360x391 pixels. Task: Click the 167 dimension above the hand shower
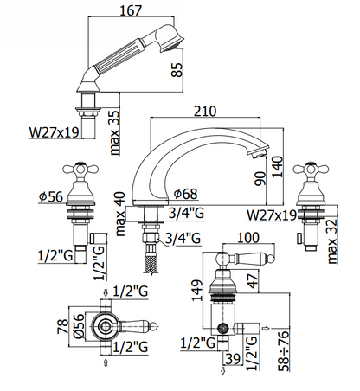tap(131, 10)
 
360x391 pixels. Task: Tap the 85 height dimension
tap(177, 70)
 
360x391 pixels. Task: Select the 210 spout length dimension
tap(205, 111)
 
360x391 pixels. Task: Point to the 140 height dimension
tap(278, 167)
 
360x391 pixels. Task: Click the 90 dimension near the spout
tap(260, 179)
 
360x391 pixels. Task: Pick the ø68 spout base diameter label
tap(186, 194)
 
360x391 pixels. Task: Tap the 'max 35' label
tap(114, 133)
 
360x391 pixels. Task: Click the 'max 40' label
tap(120, 214)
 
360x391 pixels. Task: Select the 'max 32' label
tap(332, 241)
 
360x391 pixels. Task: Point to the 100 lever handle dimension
tap(248, 238)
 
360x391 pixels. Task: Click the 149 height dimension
tap(197, 291)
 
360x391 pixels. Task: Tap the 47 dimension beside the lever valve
tap(253, 281)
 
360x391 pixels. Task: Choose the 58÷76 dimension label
tap(283, 350)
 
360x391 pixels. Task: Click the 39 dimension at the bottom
tap(233, 358)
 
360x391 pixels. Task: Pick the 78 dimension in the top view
tap(63, 326)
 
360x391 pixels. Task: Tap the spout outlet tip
tap(260, 153)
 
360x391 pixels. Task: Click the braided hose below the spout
tap(151, 260)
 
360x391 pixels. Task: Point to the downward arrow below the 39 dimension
tap(223, 371)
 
